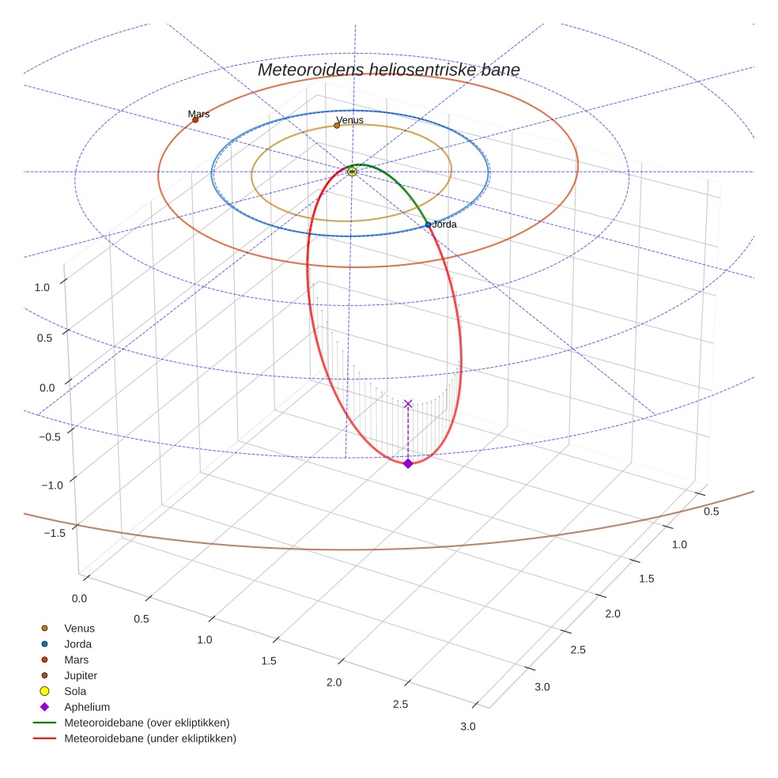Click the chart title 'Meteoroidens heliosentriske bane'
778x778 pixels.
(388, 70)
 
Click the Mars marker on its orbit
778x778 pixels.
(195, 119)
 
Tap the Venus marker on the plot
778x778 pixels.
(337, 125)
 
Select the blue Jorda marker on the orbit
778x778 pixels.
(429, 225)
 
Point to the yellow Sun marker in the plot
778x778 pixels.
(352, 172)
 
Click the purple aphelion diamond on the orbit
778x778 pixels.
(408, 463)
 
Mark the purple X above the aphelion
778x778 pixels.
(408, 404)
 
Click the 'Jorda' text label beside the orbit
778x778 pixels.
(444, 225)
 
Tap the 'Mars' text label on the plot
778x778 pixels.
(198, 114)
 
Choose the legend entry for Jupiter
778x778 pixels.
(81, 675)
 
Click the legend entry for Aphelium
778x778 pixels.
(86, 707)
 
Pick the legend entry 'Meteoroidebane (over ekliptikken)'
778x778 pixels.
(146, 723)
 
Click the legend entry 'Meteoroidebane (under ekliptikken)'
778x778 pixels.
(149, 738)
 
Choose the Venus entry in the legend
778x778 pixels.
(79, 628)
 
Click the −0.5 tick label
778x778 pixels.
(51, 436)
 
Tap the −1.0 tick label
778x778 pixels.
(51, 485)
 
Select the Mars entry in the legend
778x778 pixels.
(76, 659)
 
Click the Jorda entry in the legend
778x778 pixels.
(77, 644)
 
